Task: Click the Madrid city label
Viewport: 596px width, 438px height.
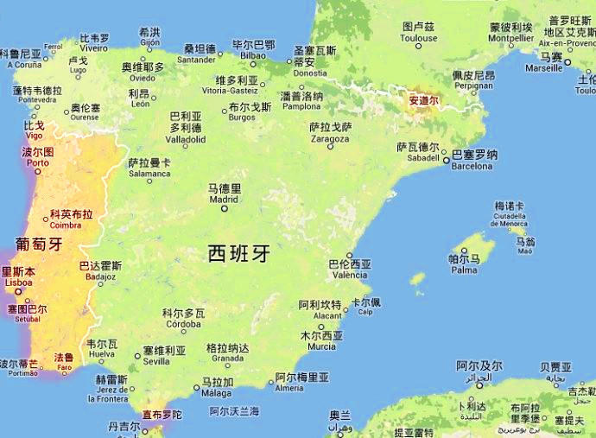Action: (223, 193)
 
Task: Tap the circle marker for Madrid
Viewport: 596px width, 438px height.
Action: (225, 207)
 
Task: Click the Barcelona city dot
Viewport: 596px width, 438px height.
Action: (446, 156)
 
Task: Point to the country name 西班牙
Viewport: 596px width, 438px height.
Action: (239, 253)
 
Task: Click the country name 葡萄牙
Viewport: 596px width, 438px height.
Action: (36, 244)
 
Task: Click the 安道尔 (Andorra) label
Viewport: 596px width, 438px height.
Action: (423, 100)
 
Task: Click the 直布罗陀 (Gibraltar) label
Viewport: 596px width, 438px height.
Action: (162, 416)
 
